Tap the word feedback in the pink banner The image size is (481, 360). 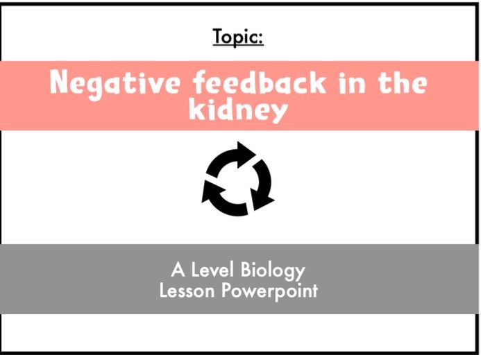pos(251,84)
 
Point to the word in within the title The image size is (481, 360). pos(348,84)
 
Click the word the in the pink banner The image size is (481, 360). pos(402,84)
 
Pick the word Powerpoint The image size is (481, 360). pos(269,291)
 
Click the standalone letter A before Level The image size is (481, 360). pos(177,270)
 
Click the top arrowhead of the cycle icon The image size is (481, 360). pos(244,151)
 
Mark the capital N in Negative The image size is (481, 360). pos(60,84)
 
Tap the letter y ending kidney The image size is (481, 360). pos(279,112)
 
